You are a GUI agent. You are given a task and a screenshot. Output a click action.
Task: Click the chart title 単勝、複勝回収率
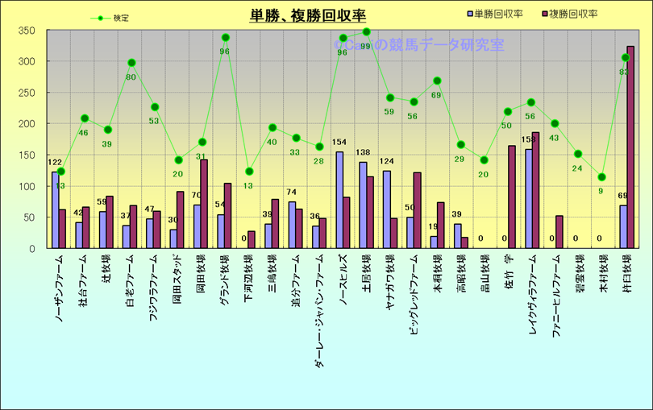308,16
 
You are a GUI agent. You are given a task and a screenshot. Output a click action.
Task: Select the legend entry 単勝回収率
494,14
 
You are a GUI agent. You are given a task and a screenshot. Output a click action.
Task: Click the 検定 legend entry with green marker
114,17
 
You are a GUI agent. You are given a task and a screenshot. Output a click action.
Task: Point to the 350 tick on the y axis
27,31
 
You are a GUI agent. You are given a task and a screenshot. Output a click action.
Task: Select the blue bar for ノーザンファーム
55,210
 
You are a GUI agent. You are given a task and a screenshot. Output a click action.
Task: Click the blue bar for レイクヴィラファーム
528,199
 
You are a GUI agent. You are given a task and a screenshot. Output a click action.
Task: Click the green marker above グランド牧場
226,38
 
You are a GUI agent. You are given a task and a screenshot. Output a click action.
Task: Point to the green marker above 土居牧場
367,32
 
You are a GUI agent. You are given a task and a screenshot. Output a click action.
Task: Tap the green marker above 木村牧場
601,177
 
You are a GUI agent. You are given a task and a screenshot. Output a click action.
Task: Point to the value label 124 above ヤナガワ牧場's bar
387,162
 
